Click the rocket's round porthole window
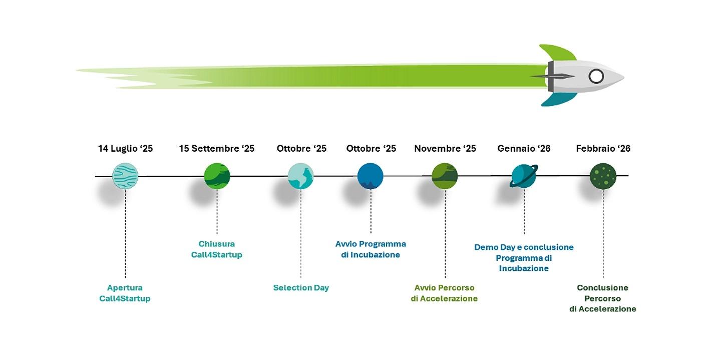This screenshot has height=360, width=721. (596, 77)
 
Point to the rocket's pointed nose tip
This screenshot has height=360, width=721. (624, 77)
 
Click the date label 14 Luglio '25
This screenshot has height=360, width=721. (126, 148)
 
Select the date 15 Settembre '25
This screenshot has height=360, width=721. (217, 148)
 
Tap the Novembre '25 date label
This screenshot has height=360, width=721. (445, 148)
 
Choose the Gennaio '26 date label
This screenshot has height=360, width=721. (524, 148)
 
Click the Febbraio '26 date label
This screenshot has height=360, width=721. (603, 148)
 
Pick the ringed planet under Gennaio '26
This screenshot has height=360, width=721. (524, 176)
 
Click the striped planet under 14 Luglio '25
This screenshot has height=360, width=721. (125, 176)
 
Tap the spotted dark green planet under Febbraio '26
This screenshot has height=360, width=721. (603, 176)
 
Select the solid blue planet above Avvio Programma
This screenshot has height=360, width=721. (370, 176)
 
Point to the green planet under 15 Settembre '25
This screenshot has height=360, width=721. (217, 176)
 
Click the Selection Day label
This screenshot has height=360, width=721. (301, 287)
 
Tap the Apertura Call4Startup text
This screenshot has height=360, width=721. (125, 293)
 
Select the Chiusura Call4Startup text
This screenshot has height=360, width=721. (216, 249)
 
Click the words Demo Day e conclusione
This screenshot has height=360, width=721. (524, 247)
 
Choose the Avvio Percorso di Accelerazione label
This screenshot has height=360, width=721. (444, 293)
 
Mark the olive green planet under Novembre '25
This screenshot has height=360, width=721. (445, 176)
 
